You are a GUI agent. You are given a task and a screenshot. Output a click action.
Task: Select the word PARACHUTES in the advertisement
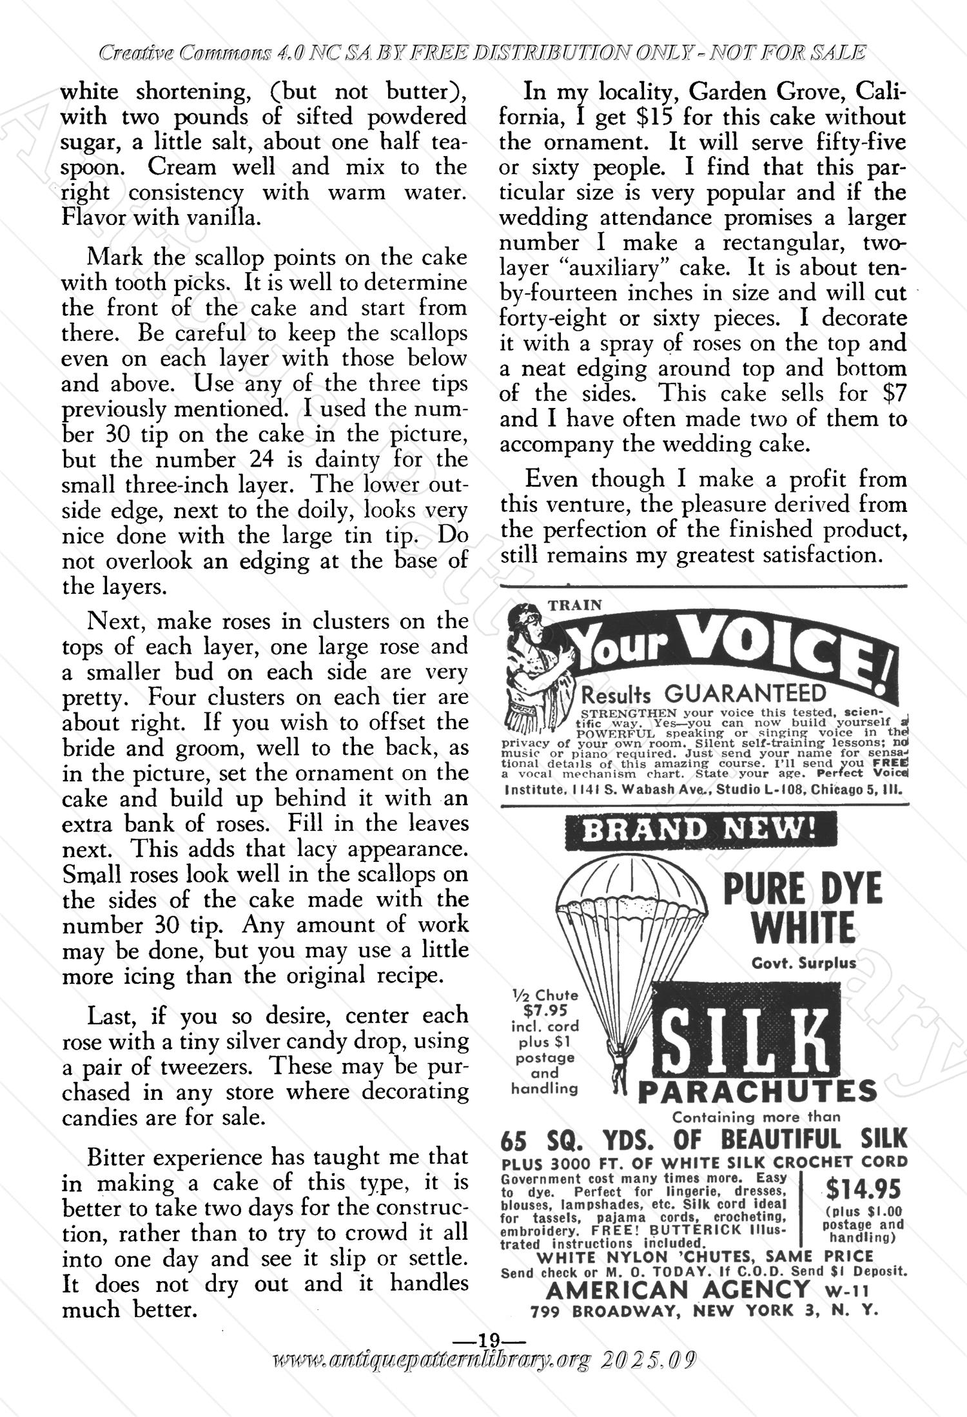(x=757, y=1092)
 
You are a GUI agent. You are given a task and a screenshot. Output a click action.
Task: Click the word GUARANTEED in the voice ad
(x=745, y=694)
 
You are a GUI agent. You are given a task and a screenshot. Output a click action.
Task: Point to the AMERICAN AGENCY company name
(x=678, y=1289)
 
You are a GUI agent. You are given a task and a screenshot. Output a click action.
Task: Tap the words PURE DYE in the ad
(x=802, y=890)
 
